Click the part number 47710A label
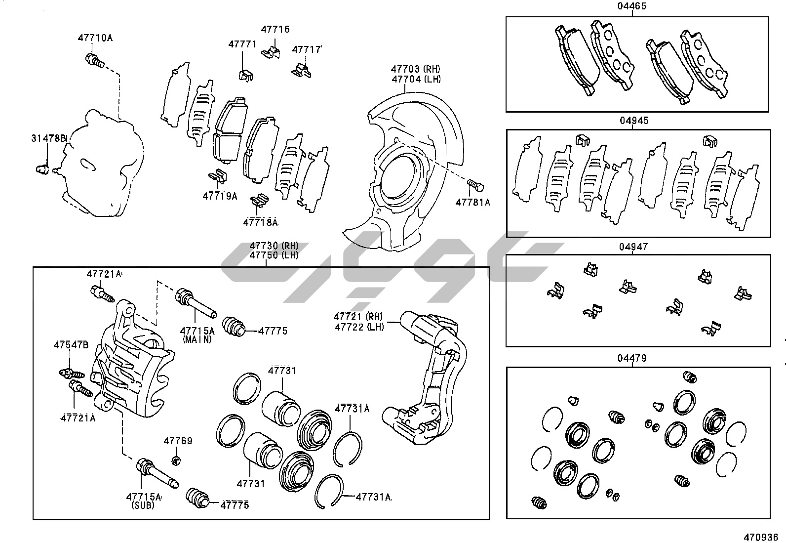click(95, 38)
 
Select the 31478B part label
click(49, 138)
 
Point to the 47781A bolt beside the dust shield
click(476, 185)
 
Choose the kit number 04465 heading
click(631, 6)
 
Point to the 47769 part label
click(178, 441)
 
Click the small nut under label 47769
click(175, 461)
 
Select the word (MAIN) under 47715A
click(197, 339)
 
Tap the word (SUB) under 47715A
click(143, 505)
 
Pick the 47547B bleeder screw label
click(71, 345)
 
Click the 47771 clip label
click(242, 44)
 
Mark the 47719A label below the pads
click(220, 196)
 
